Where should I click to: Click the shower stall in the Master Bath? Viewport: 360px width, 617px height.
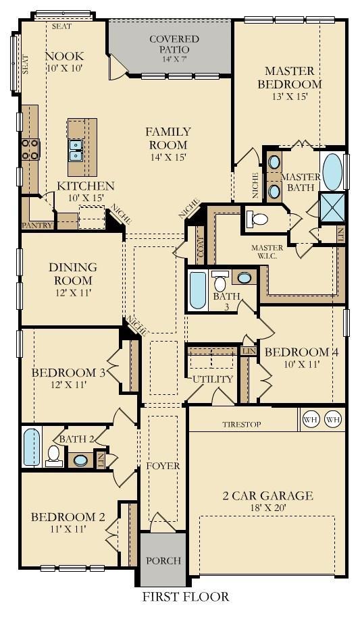(x=332, y=207)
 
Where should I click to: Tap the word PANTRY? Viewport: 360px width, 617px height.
(x=37, y=225)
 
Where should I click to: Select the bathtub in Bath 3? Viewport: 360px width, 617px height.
(x=198, y=290)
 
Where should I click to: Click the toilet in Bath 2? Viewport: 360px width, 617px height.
(x=53, y=456)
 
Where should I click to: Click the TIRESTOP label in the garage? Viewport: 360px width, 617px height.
(x=241, y=425)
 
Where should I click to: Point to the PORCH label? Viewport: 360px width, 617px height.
(x=163, y=560)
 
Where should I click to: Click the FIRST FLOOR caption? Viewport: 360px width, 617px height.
(x=186, y=597)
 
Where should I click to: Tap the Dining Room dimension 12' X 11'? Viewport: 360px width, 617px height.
(x=73, y=293)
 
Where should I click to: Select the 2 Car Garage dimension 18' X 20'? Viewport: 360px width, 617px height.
(x=268, y=508)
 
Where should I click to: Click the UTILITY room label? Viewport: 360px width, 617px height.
(x=213, y=379)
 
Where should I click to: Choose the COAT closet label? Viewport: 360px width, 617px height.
(x=201, y=247)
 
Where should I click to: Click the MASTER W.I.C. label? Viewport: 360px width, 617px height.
(x=267, y=252)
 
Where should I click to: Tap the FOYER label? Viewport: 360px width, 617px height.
(x=163, y=466)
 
